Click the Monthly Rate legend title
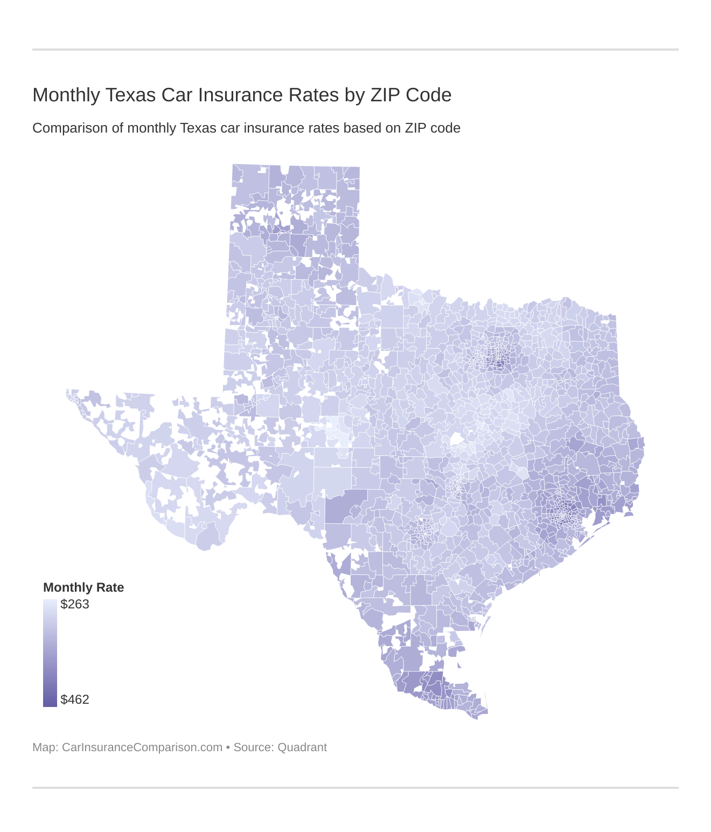83,587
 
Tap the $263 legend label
75,604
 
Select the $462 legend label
75,699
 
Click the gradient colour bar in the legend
50,653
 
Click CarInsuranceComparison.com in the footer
142,747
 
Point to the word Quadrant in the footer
302,747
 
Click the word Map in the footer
44,747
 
